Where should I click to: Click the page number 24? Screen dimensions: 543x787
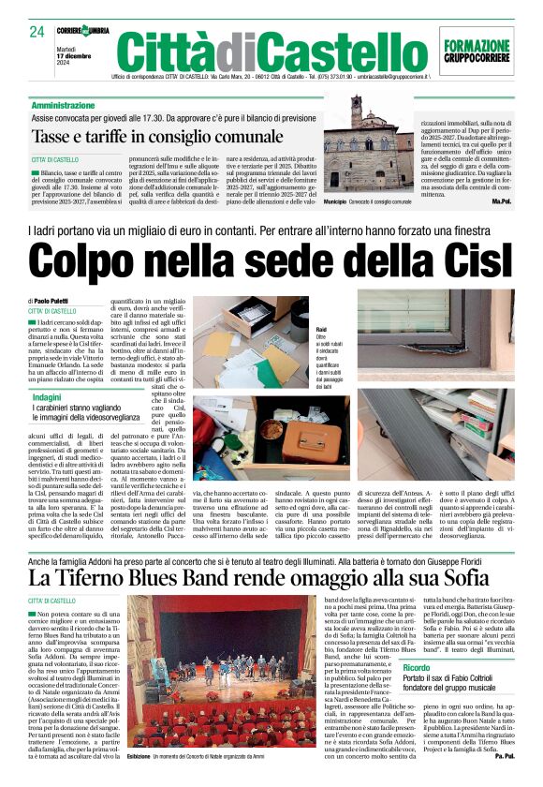tap(37, 33)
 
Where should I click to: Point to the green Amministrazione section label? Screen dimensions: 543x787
tap(69, 106)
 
